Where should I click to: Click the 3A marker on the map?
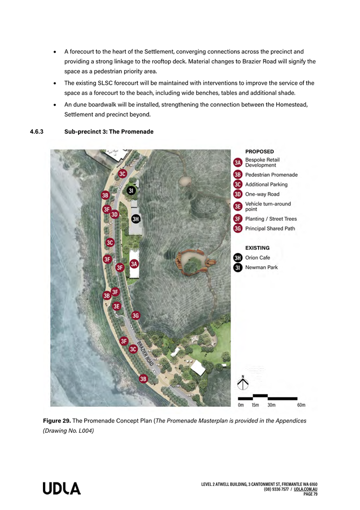tap(134, 264)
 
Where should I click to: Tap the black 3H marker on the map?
tap(136, 219)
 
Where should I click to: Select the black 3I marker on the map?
tap(131, 191)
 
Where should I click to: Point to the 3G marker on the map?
tap(136, 315)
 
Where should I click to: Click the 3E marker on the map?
tap(117, 307)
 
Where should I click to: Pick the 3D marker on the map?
tap(115, 215)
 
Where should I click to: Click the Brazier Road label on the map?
tap(145, 352)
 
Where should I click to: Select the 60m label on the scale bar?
tap(301, 405)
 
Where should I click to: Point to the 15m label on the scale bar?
tap(256, 405)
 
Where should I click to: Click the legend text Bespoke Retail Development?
tap(262, 163)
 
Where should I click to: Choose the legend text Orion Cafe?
tap(257, 258)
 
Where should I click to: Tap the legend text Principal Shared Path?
tap(271, 228)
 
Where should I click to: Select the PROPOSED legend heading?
tap(259, 151)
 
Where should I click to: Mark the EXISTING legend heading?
tap(257, 248)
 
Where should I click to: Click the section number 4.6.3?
tap(37, 132)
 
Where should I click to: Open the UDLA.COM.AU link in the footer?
tap(306, 489)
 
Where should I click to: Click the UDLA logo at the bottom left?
tap(62, 489)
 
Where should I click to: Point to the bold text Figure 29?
tap(57, 421)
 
